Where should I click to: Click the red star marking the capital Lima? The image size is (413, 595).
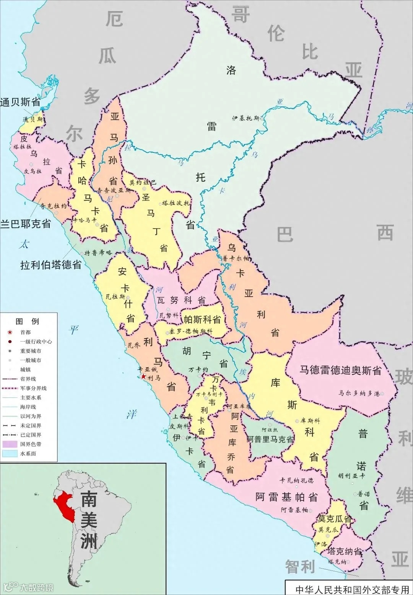coord(143,377)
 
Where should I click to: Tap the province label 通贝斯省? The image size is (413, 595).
coord(20,102)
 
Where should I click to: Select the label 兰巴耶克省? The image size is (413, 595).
coord(26,224)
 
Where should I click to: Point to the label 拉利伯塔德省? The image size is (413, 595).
coord(51,265)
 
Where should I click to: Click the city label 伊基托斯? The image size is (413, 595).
coord(246,118)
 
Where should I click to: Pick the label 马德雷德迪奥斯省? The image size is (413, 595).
coord(340,370)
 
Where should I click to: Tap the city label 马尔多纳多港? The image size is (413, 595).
coord(359,393)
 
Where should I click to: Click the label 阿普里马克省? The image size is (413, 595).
coord(270,439)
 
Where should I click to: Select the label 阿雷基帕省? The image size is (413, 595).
coord(286,497)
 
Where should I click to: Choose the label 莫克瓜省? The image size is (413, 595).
coord(335,519)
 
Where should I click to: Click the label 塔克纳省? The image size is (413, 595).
coord(344,551)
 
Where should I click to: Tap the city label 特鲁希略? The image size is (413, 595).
coord(98,253)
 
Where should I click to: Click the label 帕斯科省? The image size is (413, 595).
coord(202,319)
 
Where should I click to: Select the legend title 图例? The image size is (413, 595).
coord(28,321)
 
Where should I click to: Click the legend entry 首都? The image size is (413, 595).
coord(26,332)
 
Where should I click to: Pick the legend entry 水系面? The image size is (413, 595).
coord(28,453)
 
